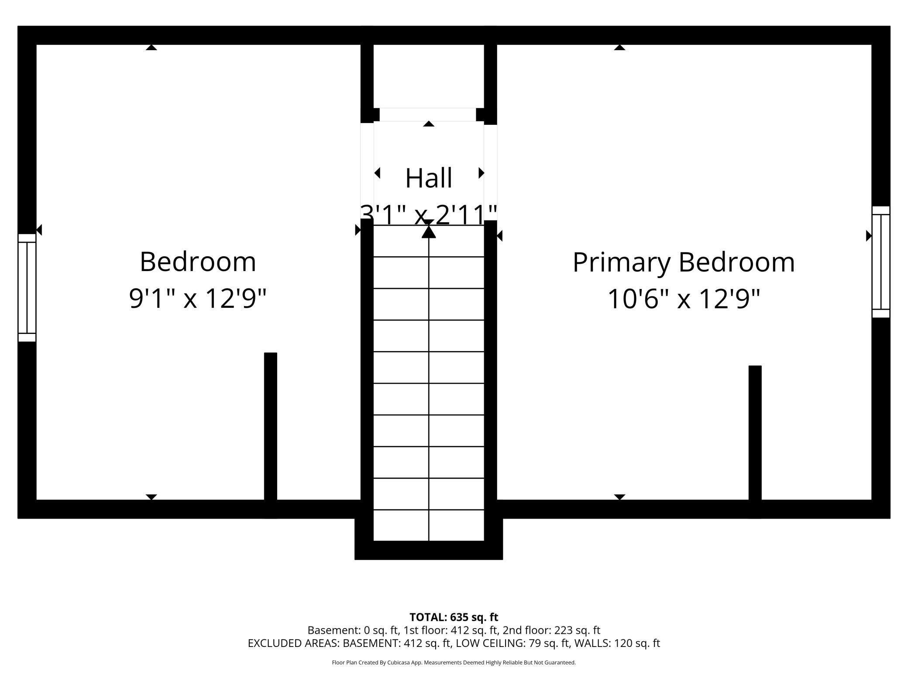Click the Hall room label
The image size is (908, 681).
point(428,178)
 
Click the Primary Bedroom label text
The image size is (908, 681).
point(684,263)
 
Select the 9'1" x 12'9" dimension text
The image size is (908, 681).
point(198,299)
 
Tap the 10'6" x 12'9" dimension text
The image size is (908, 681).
point(684,299)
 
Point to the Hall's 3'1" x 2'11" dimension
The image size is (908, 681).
point(429,215)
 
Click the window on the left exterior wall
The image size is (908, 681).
point(27,288)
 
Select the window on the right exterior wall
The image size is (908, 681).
point(880,262)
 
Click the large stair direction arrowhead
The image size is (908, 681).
point(429,231)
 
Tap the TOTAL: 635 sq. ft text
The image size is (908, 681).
point(454,617)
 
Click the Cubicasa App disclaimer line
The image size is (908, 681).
point(454,663)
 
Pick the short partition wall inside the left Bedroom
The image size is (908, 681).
point(271,435)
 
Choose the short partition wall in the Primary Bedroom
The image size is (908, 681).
point(755,442)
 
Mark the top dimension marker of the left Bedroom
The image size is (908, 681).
point(151,47)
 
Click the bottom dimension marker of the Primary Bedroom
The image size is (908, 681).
point(619,497)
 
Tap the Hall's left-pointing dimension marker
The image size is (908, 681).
point(377,173)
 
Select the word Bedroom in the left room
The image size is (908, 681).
point(198,262)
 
